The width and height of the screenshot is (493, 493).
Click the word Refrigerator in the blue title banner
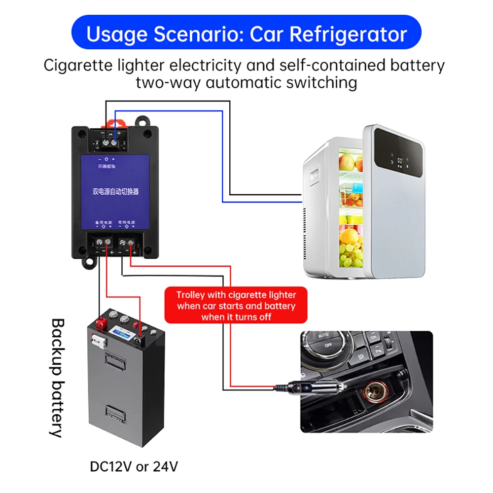(x=348, y=34)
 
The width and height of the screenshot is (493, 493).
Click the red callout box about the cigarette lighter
(x=236, y=306)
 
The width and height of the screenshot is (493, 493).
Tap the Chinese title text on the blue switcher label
(x=117, y=191)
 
